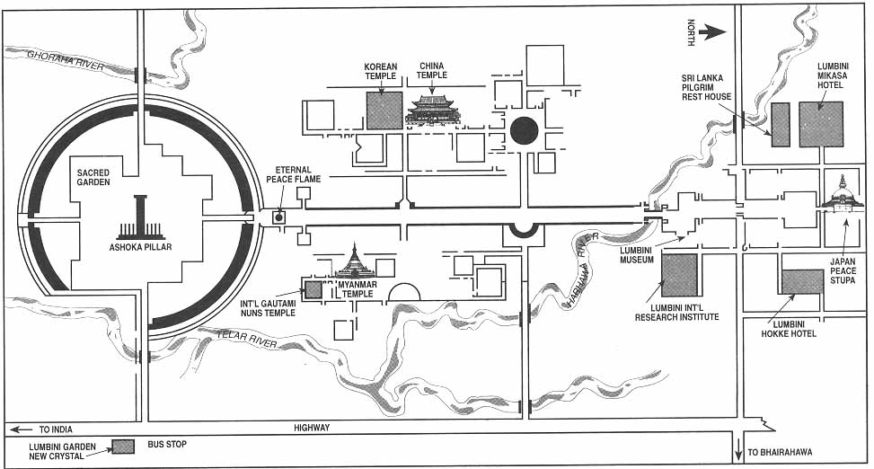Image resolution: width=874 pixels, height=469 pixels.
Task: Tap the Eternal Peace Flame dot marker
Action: tap(279, 217)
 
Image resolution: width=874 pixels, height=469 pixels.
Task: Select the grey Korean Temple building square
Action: tap(384, 111)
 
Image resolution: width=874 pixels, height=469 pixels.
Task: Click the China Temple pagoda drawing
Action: tap(433, 109)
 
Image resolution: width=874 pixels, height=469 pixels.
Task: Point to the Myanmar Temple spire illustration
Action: tap(354, 262)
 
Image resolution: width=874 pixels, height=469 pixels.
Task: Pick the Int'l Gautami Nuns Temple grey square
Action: tap(313, 289)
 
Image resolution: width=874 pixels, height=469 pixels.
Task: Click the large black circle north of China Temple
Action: tap(524, 131)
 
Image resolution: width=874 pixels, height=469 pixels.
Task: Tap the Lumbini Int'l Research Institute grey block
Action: tap(679, 275)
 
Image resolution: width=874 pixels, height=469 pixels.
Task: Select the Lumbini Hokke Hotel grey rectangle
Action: tap(801, 281)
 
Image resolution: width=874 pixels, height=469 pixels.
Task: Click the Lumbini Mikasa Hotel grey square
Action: tap(821, 124)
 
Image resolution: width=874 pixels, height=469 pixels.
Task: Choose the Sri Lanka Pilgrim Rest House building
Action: tap(781, 124)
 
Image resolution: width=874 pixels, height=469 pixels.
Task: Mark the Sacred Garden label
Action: tap(93, 175)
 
